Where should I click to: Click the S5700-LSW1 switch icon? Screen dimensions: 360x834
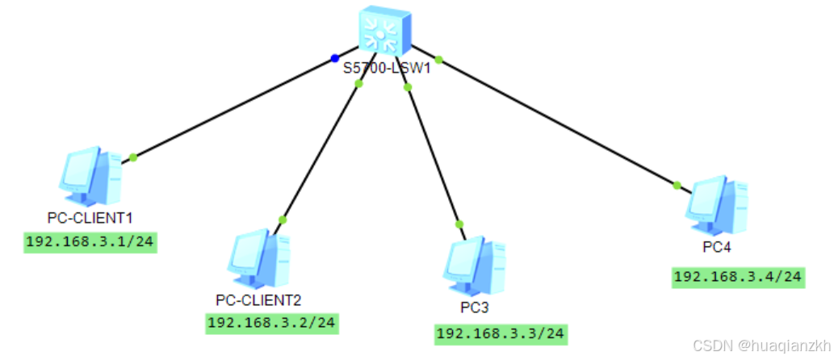point(385,30)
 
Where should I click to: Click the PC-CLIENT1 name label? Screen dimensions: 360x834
point(90,218)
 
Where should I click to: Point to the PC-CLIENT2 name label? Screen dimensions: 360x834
point(258,301)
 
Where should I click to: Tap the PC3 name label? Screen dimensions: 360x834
point(475,308)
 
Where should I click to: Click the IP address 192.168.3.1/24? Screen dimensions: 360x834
point(90,241)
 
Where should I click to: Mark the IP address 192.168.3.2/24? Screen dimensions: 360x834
point(272,324)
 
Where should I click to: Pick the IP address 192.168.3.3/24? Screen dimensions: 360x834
point(501,333)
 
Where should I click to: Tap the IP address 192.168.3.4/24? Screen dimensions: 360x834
point(738,277)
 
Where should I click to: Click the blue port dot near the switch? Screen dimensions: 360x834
point(333,58)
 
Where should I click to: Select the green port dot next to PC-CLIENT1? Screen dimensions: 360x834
point(133,157)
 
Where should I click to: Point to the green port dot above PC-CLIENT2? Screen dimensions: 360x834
point(283,219)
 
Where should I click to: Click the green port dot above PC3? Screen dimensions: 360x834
point(459,224)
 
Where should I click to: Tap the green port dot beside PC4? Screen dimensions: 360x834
point(677,186)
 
